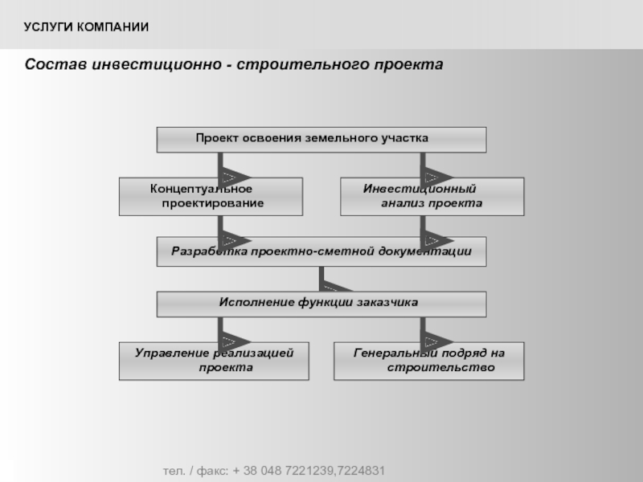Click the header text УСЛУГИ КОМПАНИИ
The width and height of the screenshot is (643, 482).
pos(86,27)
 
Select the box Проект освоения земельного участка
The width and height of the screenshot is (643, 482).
pos(321,140)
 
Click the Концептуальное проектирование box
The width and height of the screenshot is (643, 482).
pos(211,197)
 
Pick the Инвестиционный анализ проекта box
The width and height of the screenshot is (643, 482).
pos(432,197)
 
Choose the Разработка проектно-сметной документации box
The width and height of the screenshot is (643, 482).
pos(321,251)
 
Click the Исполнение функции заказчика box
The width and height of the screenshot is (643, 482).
pos(321,304)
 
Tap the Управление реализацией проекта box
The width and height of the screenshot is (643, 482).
pos(214,361)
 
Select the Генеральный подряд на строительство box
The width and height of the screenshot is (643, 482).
pos(429,361)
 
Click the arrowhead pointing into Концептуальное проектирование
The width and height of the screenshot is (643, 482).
pos(234,178)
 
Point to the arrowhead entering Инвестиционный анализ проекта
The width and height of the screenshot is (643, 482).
pos(436,178)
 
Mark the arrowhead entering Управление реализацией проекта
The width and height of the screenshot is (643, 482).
pos(234,341)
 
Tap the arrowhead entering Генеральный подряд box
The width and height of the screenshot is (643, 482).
pos(436,341)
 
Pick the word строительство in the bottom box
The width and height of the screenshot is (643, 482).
pos(440,367)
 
